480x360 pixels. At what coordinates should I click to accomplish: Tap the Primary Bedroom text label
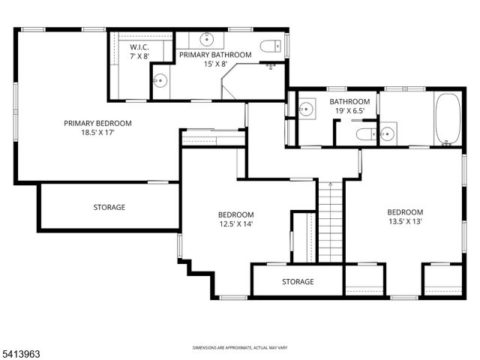click(x=97, y=124)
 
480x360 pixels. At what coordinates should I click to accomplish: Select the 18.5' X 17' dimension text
click(x=97, y=133)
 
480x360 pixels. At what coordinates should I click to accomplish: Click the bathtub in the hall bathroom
click(x=448, y=118)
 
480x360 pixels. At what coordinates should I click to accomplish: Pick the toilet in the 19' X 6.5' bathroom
click(x=364, y=134)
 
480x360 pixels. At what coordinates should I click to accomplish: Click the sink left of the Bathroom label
click(x=306, y=109)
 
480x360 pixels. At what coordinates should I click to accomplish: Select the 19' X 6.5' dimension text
click(x=349, y=112)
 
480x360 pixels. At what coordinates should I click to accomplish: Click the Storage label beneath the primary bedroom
click(x=109, y=207)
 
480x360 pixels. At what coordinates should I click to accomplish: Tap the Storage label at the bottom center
click(x=298, y=282)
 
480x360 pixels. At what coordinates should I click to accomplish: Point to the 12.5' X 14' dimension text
click(x=236, y=223)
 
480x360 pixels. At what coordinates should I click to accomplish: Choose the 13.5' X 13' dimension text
click(x=405, y=221)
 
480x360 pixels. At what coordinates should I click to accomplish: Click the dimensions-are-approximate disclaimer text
click(x=239, y=348)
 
